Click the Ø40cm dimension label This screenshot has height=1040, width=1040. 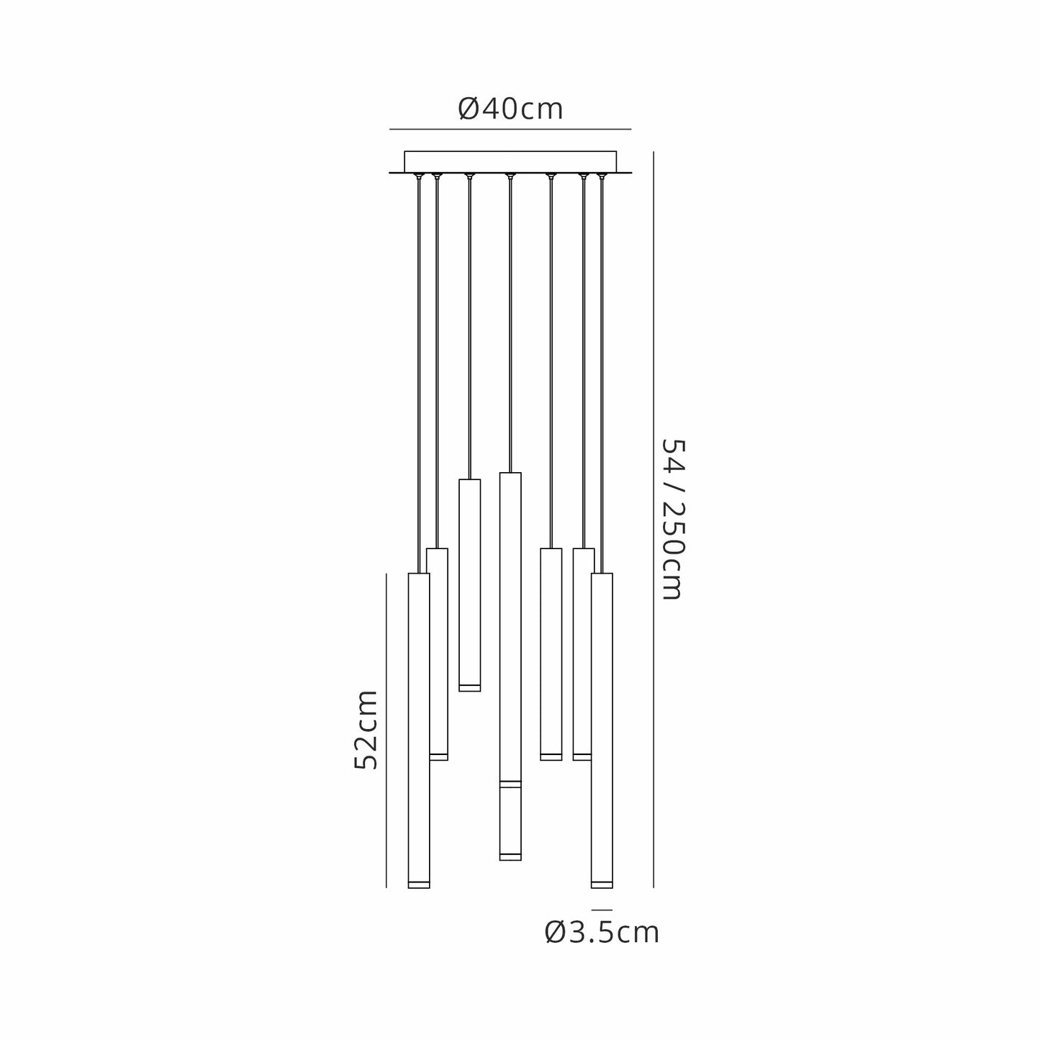(x=510, y=109)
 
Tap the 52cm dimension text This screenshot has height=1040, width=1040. (x=366, y=729)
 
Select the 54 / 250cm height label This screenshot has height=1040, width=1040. (x=673, y=519)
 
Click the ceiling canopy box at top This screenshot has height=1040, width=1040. (x=510, y=161)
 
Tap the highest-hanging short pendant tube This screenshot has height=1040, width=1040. (x=469, y=585)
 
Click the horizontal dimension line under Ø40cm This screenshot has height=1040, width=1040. (x=510, y=130)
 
